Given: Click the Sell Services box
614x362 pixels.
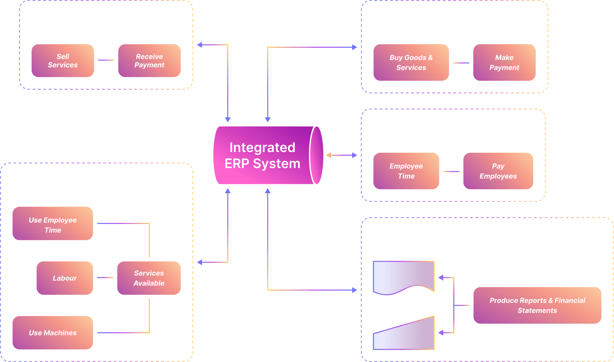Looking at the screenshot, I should click(x=63, y=61).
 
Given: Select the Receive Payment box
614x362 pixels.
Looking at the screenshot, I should click(x=149, y=61).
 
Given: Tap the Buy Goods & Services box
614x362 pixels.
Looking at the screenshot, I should click(x=411, y=63).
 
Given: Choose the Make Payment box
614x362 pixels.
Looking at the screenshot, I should click(x=504, y=63).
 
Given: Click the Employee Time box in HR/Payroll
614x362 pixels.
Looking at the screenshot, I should click(x=406, y=171).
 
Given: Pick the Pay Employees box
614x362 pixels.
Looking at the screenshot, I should click(x=498, y=171).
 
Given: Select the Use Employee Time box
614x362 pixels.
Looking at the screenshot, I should click(x=53, y=223).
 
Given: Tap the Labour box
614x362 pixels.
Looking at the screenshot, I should click(x=65, y=278).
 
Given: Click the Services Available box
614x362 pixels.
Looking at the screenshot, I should click(x=149, y=278).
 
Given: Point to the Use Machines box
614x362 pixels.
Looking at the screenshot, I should click(x=53, y=333).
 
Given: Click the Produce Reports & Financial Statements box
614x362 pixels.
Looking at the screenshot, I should click(x=537, y=306).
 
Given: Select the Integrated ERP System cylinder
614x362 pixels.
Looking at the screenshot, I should click(x=264, y=155).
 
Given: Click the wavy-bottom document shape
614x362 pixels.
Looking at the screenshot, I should click(x=404, y=276).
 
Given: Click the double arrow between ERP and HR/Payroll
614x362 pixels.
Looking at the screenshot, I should click(x=341, y=155).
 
